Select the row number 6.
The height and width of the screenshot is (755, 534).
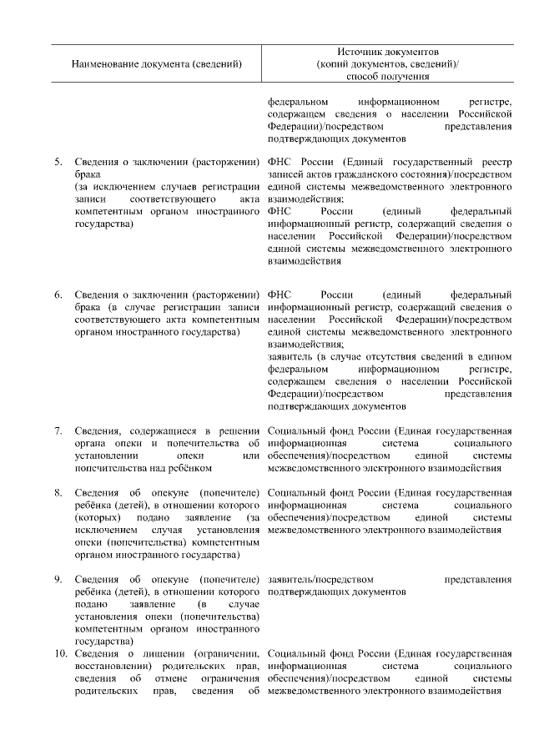tap(58, 295)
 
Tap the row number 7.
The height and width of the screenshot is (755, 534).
tap(58, 430)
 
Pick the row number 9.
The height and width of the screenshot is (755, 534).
tap(58, 579)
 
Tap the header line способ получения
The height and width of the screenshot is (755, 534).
tap(390, 77)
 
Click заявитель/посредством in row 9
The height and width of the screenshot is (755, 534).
tap(321, 579)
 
